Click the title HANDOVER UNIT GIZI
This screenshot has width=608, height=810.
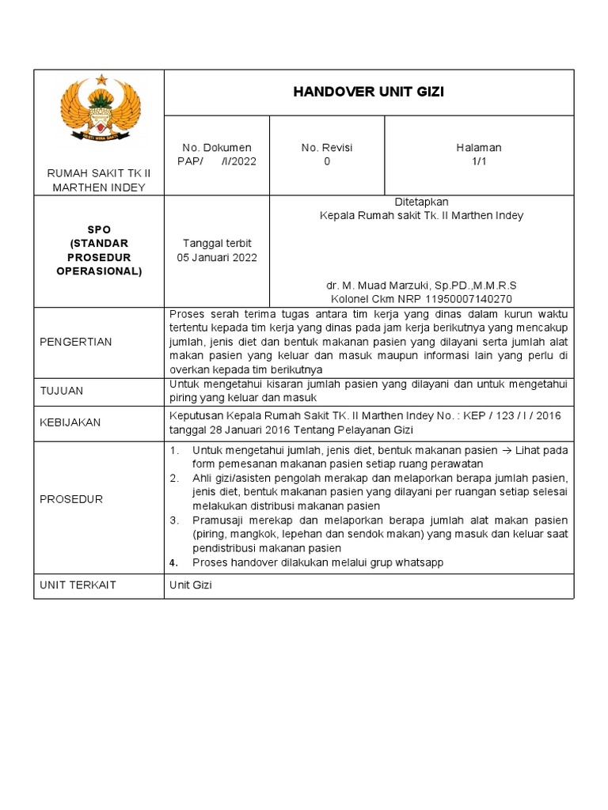368,92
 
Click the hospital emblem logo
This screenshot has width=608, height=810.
101,112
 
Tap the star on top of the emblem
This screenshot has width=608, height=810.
101,79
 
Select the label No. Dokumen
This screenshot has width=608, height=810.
216,148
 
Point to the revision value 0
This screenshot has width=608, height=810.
327,161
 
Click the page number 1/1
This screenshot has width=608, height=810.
478,161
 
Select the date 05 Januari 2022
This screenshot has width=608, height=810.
216,257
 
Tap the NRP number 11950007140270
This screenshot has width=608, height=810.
467,299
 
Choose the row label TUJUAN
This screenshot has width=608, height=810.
61,391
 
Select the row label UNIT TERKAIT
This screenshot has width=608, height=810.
77,585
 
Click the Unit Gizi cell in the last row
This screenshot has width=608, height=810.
191,585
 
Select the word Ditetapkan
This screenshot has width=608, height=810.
421,202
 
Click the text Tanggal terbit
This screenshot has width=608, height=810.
216,243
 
